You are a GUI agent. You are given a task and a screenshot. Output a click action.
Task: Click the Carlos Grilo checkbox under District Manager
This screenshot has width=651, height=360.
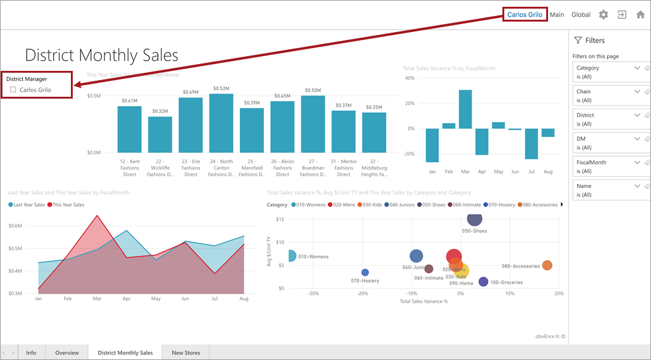point(13,90)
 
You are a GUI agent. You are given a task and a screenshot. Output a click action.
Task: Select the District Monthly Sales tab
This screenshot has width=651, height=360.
point(125,353)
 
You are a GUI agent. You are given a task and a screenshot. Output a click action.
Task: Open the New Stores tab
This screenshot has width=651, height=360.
point(186,353)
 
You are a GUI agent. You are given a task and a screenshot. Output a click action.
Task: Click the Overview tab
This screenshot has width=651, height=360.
point(67,353)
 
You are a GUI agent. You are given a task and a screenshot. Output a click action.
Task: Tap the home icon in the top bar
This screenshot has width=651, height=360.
point(641,15)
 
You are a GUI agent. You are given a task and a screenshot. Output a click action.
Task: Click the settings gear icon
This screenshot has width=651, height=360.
point(604,15)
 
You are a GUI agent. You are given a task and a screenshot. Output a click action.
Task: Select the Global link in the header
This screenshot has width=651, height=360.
point(581,15)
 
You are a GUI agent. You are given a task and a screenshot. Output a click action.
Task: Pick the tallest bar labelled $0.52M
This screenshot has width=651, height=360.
point(221,123)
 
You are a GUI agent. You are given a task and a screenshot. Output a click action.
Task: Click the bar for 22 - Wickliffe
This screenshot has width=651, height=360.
point(160,134)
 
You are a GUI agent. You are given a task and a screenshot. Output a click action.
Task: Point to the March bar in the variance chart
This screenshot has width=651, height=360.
point(465,109)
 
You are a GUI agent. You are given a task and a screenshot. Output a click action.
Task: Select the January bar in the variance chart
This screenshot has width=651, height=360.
point(432,145)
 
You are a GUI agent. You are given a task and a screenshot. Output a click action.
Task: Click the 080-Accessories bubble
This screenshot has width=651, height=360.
point(547,265)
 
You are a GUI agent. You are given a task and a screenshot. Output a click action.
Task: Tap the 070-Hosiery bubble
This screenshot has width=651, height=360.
point(365,272)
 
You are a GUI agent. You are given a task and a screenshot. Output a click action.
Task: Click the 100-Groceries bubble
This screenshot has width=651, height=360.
point(483,282)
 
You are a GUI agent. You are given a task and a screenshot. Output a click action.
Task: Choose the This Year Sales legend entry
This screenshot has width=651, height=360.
point(68,205)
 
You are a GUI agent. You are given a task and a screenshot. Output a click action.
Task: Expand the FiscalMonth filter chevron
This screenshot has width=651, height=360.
point(637,162)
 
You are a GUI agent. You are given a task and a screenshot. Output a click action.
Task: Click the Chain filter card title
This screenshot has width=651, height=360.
point(584,92)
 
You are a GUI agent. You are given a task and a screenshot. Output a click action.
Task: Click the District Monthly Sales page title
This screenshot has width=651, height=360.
point(102,55)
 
